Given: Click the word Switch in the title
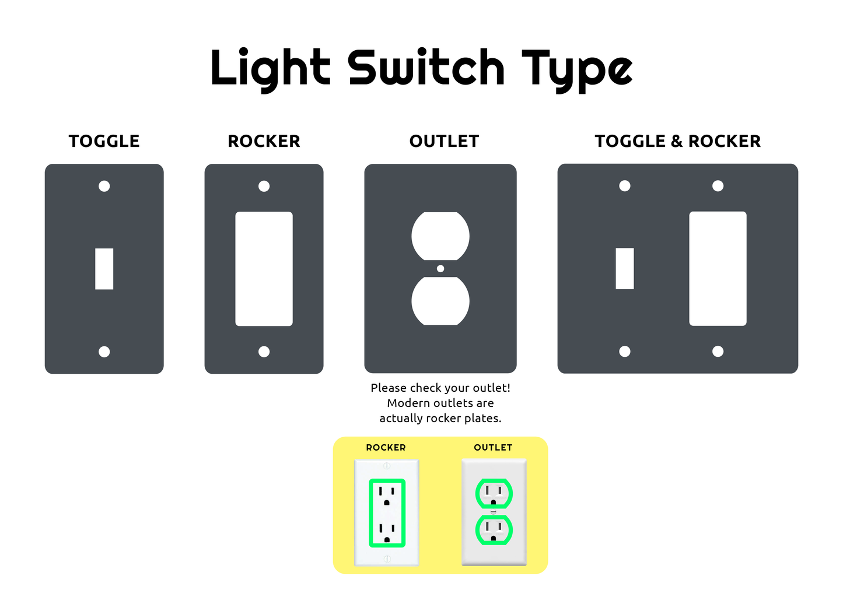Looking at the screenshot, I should pyautogui.click(x=426, y=68).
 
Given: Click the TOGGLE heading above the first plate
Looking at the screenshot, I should pyautogui.click(x=104, y=141).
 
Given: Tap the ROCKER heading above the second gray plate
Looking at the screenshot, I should pyautogui.click(x=264, y=141).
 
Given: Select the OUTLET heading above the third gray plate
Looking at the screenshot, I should pyautogui.click(x=444, y=141).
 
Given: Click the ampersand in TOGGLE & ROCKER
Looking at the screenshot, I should pyautogui.click(x=677, y=141).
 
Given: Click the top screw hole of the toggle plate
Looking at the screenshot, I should pyautogui.click(x=104, y=186).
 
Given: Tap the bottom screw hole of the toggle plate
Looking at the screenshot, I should pyautogui.click(x=104, y=352).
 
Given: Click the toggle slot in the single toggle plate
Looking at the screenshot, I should pyautogui.click(x=104, y=269).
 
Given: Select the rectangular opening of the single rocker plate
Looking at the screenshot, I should pyautogui.click(x=264, y=269).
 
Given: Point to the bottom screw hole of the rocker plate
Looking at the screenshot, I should pyautogui.click(x=264, y=352).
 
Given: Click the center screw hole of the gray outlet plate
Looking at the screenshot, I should pyautogui.click(x=440, y=269).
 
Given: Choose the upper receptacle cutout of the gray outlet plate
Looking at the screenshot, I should pyautogui.click(x=440, y=236).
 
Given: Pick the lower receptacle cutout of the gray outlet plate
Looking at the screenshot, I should pyautogui.click(x=440, y=301).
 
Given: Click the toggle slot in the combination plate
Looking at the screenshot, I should pyautogui.click(x=625, y=269).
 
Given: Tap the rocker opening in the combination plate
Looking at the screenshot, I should pyautogui.click(x=718, y=269).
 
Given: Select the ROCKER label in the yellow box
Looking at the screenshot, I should pyautogui.click(x=386, y=448).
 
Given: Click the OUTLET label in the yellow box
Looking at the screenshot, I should pyautogui.click(x=493, y=448).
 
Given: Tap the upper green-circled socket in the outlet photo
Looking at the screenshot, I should pyautogui.click(x=494, y=494).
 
